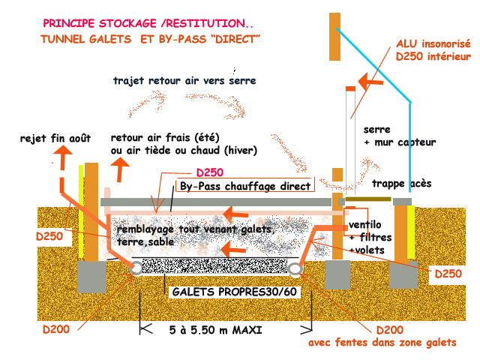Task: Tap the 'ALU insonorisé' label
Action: tap(433, 44)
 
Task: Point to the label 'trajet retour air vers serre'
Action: tap(184, 79)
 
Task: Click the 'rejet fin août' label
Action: tap(56, 138)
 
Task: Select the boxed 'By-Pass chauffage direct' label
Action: tap(244, 186)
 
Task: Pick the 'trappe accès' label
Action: tap(401, 184)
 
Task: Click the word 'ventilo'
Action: tap(365, 226)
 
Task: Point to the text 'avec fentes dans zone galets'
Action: tap(393, 342)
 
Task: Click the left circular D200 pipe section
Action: tap(137, 268)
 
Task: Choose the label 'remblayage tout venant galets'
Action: tap(193, 228)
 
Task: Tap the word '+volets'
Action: tap(365, 250)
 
